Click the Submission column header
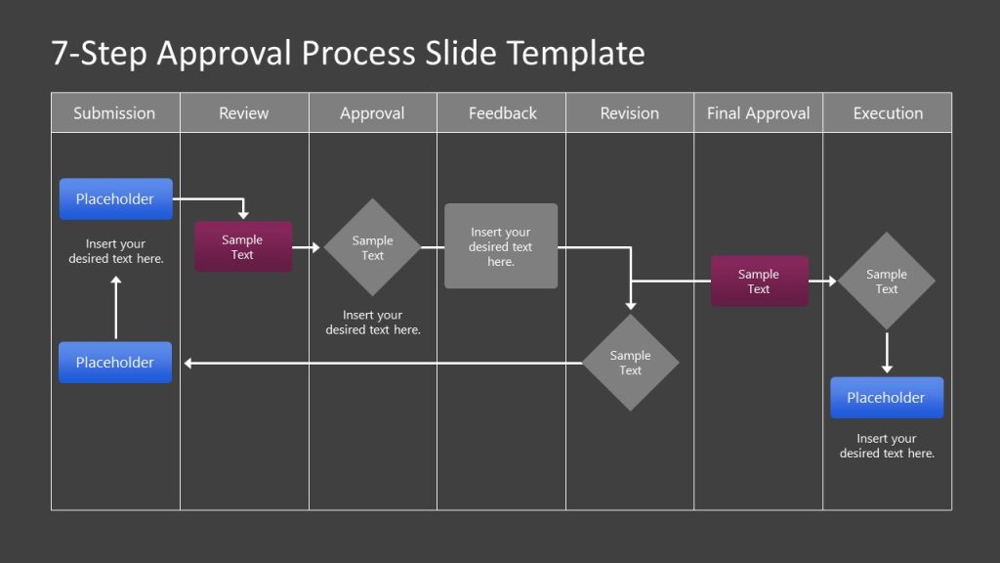[x=114, y=113]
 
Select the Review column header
[x=244, y=113]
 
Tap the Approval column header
[x=372, y=113]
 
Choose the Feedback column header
[x=502, y=113]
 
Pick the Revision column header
[x=630, y=113]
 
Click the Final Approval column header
[x=758, y=113]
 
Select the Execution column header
[x=888, y=113]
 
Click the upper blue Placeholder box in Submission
[x=115, y=199]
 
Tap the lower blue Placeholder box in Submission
[x=115, y=363]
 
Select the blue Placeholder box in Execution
[x=887, y=398]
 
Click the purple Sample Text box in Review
[x=242, y=247]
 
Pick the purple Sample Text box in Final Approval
[x=759, y=281]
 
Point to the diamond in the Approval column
[x=372, y=247]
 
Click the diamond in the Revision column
[x=630, y=363]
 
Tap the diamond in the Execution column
[x=886, y=281]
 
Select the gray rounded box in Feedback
[x=501, y=246]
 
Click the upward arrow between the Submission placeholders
[x=116, y=308]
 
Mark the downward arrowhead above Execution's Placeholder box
[x=887, y=368]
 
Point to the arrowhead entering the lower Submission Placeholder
[x=188, y=364]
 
